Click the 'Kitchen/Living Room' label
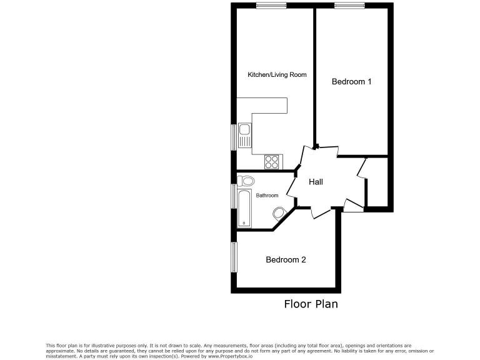[277, 75]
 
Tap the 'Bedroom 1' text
[351, 82]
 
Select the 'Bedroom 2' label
[286, 260]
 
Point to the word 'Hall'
[316, 182]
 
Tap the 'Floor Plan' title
[311, 304]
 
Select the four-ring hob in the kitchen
[272, 162]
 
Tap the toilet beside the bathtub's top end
[246, 181]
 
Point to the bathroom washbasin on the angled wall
[278, 212]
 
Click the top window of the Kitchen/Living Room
[271, 6]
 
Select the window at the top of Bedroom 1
[349, 6]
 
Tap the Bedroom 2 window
[234, 256]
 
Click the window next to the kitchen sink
[234, 136]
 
